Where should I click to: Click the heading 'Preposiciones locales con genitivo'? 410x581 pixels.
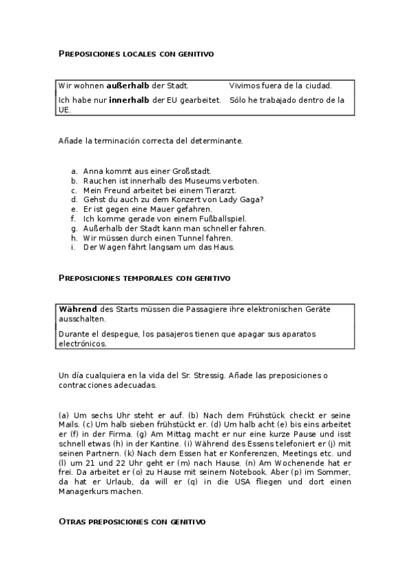136,53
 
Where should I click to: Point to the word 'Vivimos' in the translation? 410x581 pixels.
245,86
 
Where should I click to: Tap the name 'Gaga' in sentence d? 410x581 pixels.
253,199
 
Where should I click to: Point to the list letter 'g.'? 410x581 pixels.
73,228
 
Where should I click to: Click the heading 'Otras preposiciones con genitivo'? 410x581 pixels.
132,522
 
